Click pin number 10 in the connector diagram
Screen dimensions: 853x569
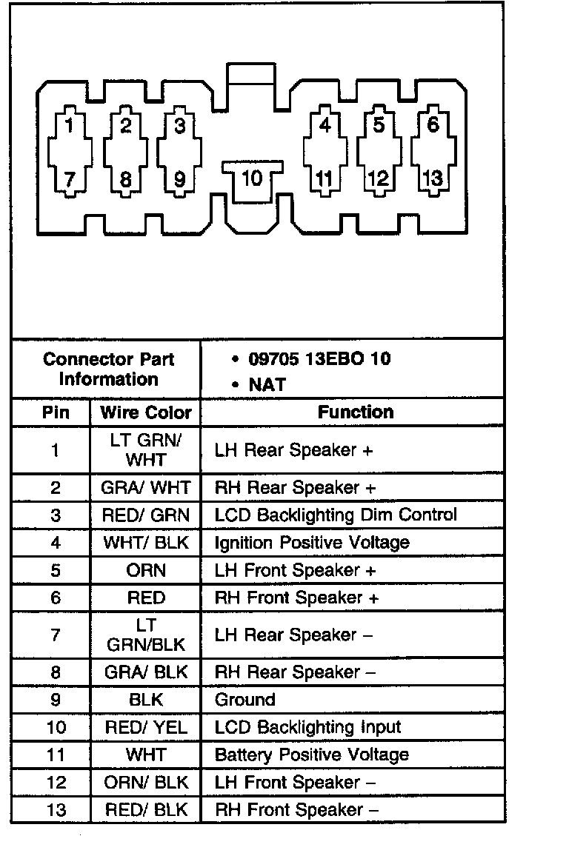point(253,178)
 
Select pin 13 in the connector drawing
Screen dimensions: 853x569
point(433,178)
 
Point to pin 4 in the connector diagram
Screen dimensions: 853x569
point(325,124)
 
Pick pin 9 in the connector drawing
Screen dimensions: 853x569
point(179,178)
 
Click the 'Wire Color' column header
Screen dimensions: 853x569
point(146,412)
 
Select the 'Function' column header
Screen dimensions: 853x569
point(356,412)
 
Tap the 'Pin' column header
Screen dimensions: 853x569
point(55,412)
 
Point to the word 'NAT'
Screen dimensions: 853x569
point(267,385)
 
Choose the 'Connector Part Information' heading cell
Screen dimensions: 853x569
point(108,369)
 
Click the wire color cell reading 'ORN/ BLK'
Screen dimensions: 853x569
point(146,782)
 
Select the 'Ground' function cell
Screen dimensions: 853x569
point(244,700)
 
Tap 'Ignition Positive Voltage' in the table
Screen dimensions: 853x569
point(312,543)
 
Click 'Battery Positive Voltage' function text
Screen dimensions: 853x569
point(311,755)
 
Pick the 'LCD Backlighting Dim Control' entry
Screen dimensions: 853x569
point(336,515)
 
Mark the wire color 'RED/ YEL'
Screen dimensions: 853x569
point(146,727)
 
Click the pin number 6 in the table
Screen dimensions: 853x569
point(56,598)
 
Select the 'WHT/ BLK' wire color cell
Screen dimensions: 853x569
point(146,543)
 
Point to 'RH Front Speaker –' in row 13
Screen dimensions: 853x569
point(296,809)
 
